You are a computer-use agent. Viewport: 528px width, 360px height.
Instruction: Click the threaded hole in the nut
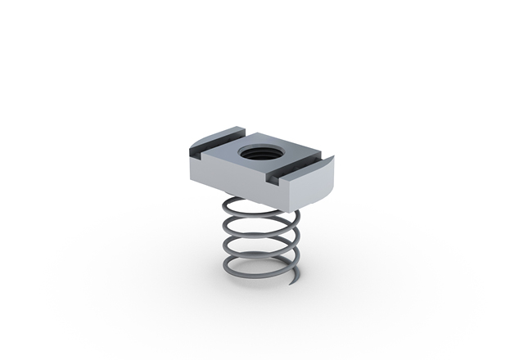253,153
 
